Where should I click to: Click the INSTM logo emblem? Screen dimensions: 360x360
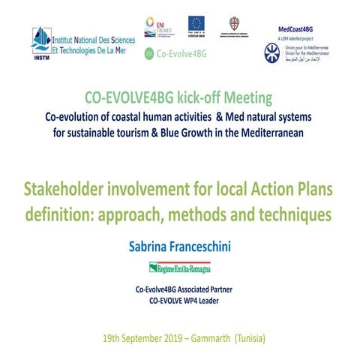(41, 40)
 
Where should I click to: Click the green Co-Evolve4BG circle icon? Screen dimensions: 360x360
(148, 54)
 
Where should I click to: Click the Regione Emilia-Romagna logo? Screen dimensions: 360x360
(179, 267)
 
